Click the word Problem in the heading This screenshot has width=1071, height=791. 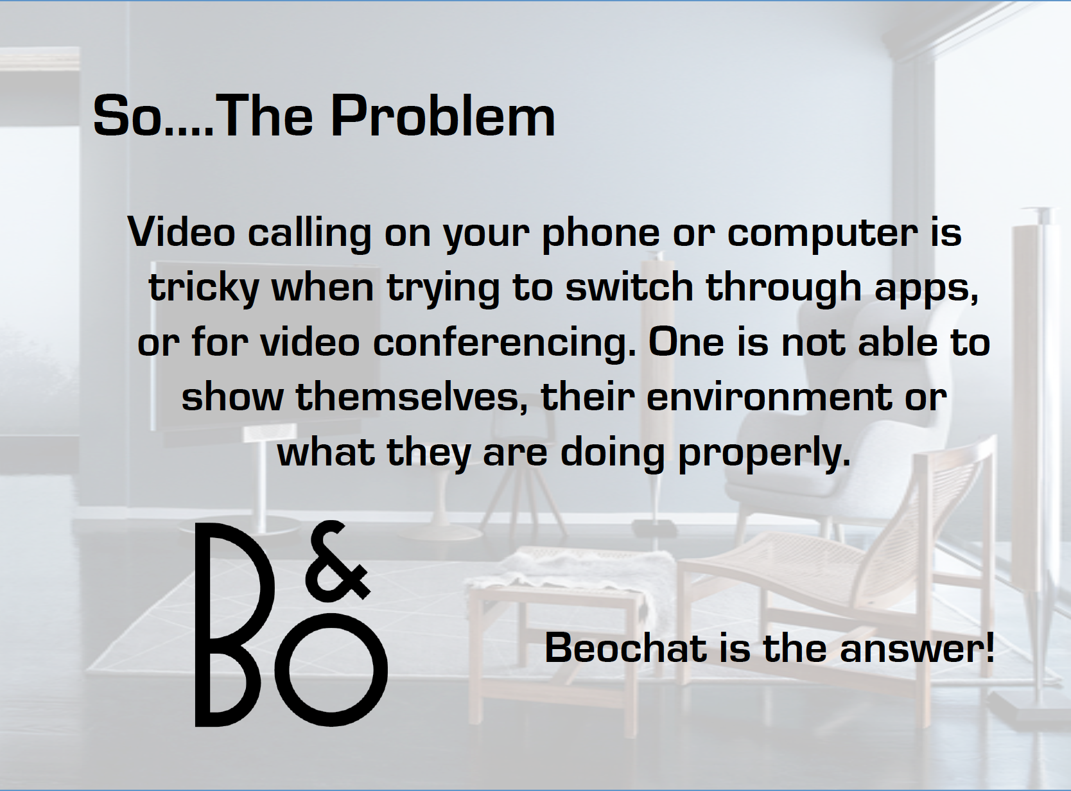tap(443, 116)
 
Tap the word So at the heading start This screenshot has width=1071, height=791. tap(127, 116)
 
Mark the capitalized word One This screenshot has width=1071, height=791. tap(686, 342)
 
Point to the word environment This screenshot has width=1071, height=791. tap(770, 397)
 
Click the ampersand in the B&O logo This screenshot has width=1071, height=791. tap(339, 562)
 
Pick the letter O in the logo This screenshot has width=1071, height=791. tap(331, 670)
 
